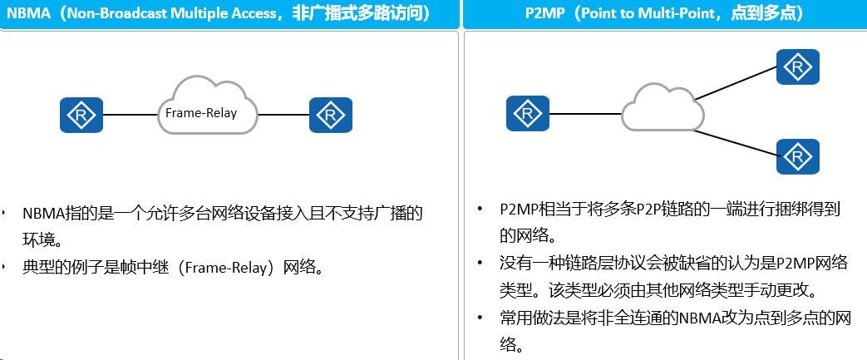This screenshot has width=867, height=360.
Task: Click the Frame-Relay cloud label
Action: pyautogui.click(x=201, y=113)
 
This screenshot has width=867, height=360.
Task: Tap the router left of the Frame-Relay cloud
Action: pyautogui.click(x=81, y=115)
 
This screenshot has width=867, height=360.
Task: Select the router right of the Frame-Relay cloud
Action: pyautogui.click(x=331, y=115)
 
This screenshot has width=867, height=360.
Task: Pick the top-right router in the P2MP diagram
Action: pyautogui.click(x=798, y=67)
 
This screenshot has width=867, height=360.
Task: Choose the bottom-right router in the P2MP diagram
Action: pyautogui.click(x=798, y=156)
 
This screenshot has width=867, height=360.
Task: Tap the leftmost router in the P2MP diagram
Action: pyautogui.click(x=528, y=113)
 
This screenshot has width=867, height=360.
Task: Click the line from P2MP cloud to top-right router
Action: pyautogui.click(x=736, y=83)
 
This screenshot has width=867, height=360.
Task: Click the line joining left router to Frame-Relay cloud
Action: pyautogui.click(x=131, y=115)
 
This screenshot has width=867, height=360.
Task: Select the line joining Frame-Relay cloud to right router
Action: pyautogui.click(x=283, y=115)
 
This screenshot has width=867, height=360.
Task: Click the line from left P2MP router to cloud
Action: pyautogui.click(x=585, y=114)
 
